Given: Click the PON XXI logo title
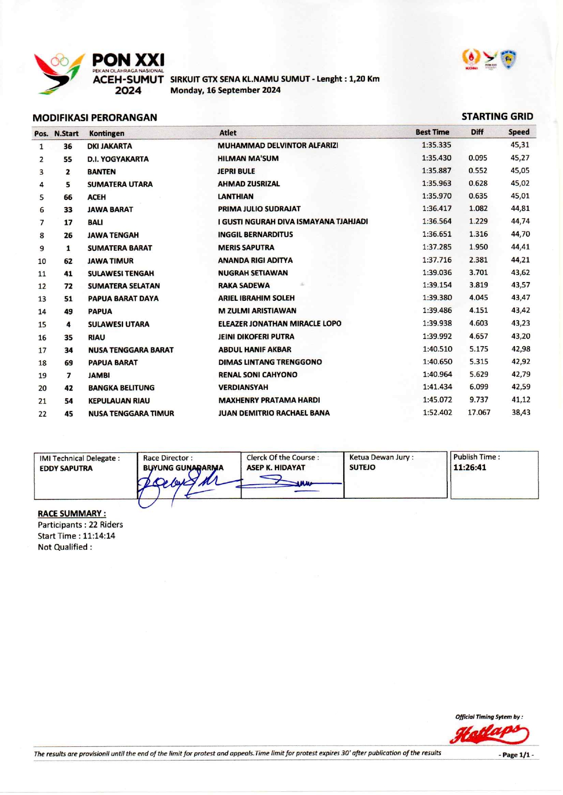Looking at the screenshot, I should coord(128,60).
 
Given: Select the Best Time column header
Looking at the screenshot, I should coord(432,132).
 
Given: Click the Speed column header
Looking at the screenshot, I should coord(519,132).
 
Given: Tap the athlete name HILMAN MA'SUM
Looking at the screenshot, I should coord(248,159).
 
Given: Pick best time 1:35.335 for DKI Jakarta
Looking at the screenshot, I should coord(436,145).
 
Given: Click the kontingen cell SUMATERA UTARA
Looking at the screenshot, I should coord(120,184).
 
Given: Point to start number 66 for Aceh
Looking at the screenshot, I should coord(68,197).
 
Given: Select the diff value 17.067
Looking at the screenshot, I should coord(479,412).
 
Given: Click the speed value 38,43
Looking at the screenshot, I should coord(520,412).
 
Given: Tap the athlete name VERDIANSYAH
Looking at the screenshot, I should coord(243,388).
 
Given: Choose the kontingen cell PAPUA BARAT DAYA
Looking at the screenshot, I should coord(123,298).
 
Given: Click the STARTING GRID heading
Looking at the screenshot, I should coord(497,117).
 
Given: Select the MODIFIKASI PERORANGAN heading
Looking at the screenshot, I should coord(94,118).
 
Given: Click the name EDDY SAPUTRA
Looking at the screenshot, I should coord(66,468).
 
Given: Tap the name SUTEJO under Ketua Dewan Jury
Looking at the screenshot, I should coord(362,467).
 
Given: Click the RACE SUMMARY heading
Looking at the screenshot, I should coord(72,514).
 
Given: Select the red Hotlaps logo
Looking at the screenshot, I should coord(489,733).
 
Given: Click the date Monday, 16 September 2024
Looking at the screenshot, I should coord(225,90).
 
